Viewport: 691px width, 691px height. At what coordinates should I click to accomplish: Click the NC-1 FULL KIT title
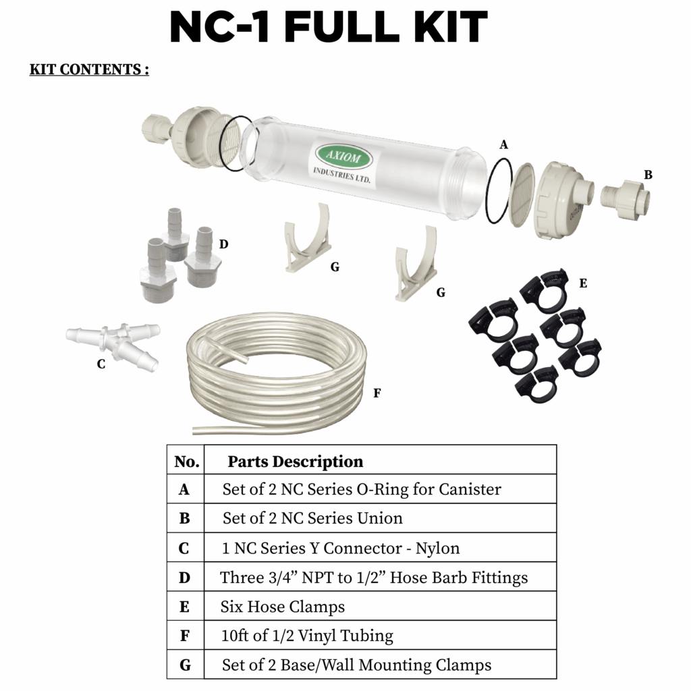pyautogui.click(x=328, y=28)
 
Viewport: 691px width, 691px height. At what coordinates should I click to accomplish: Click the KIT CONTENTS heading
pyautogui.click(x=89, y=70)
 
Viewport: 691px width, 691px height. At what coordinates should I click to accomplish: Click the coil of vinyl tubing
pyautogui.click(x=277, y=377)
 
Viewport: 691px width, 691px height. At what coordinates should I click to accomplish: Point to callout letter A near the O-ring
pyautogui.click(x=503, y=144)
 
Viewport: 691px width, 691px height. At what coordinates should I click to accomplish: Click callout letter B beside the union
pyautogui.click(x=648, y=175)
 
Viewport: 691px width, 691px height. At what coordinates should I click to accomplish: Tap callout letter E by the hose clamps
pyautogui.click(x=583, y=283)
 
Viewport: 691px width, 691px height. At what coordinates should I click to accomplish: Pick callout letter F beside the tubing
pyautogui.click(x=377, y=393)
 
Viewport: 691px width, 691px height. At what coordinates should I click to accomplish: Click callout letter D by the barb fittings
pyautogui.click(x=223, y=244)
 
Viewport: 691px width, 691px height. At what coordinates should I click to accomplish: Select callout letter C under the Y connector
pyautogui.click(x=101, y=364)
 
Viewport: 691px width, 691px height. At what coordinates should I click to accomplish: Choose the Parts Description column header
pyautogui.click(x=295, y=462)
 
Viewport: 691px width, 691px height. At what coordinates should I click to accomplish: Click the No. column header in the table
pyautogui.click(x=186, y=462)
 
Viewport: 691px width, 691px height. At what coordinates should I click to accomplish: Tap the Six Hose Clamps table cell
pyautogui.click(x=283, y=607)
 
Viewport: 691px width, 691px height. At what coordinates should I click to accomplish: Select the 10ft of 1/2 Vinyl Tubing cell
pyautogui.click(x=307, y=636)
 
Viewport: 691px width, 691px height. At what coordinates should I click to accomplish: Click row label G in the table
pyautogui.click(x=185, y=665)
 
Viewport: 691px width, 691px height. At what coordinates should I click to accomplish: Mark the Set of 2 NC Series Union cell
pyautogui.click(x=312, y=518)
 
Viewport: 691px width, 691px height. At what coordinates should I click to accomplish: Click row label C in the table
pyautogui.click(x=184, y=549)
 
